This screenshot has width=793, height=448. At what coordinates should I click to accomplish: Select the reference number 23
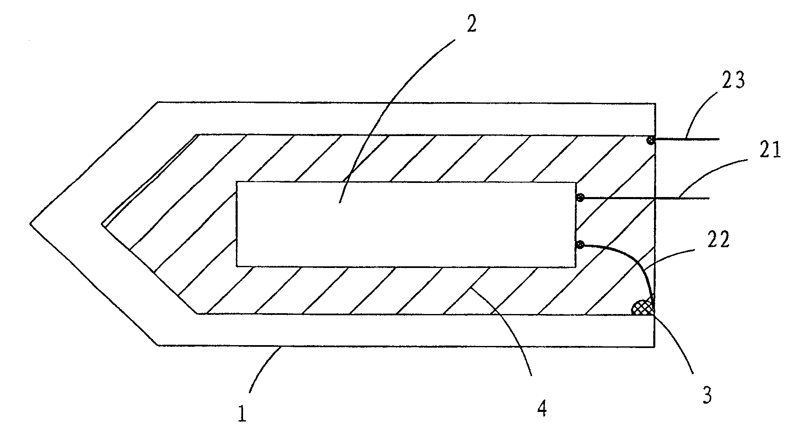[733, 80]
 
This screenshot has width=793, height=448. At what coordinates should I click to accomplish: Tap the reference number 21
[770, 150]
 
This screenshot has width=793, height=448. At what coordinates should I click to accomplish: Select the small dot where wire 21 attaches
[581, 198]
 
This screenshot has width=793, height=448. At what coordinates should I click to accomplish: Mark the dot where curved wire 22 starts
[580, 246]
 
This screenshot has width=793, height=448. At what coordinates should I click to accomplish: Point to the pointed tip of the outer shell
[32, 224]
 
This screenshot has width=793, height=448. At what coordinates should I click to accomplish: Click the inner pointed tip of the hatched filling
[102, 224]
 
